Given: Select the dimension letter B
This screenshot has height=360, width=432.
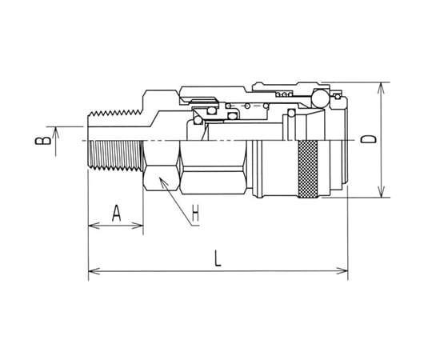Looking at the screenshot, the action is [43, 141].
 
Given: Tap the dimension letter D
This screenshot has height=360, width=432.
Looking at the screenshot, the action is [369, 139].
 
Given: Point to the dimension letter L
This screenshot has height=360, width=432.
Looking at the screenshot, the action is [218, 259].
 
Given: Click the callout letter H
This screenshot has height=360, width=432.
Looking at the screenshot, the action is [195, 213].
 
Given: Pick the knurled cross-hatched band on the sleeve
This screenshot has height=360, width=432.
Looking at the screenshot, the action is [308, 169].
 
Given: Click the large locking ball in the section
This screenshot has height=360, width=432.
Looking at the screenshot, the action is [319, 98].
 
